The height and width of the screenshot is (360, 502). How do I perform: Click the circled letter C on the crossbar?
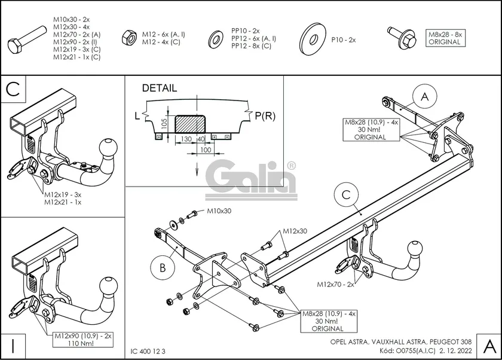345,196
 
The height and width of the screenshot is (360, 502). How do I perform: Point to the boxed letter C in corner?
14,90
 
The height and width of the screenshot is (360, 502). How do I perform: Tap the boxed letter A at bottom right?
488,345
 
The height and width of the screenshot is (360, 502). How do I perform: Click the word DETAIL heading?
159,88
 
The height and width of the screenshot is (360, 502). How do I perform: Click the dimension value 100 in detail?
205,150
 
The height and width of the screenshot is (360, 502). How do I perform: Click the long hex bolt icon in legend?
27,41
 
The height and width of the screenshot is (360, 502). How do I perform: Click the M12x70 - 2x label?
335,284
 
